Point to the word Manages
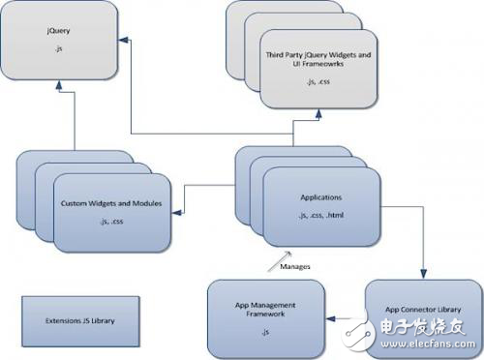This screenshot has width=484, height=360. (x=295, y=263)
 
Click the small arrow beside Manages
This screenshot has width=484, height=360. (x=269, y=257)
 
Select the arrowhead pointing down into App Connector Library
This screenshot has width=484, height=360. (x=422, y=277)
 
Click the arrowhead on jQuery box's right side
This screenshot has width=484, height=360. (x=124, y=39)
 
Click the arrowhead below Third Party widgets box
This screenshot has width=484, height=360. (x=318, y=113)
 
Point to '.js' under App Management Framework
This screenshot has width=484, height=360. (x=263, y=331)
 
